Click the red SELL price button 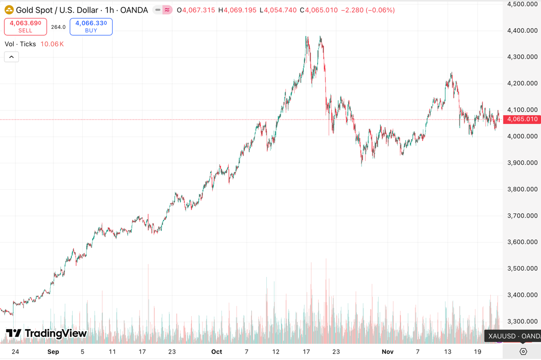point(25,26)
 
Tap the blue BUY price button point(91,26)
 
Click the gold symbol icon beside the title point(9,10)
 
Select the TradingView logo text point(46,334)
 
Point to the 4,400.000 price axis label point(522,30)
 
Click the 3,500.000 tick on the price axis point(522,268)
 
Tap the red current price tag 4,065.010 point(522,120)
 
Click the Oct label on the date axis point(217,352)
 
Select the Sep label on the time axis point(53,352)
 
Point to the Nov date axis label point(388,352)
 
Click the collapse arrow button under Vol point(12,57)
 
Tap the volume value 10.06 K point(52,44)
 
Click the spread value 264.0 point(58,27)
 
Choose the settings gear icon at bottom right point(523,351)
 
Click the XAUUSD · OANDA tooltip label point(514,336)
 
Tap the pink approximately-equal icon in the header point(167,10)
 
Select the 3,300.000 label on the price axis point(522,321)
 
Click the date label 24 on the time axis point(15,352)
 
